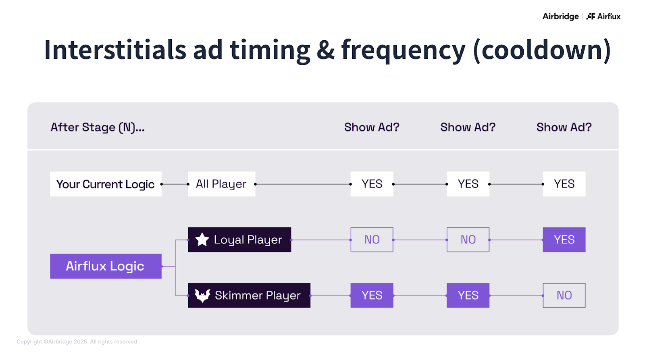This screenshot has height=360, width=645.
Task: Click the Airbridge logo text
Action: tap(560, 17)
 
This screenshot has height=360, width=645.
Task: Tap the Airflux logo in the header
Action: tap(603, 17)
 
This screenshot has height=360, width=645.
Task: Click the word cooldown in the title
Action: tap(542, 50)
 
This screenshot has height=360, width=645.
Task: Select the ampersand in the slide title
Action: tap(325, 50)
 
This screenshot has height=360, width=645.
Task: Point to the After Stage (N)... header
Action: tap(98, 127)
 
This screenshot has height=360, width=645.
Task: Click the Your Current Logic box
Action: tap(106, 184)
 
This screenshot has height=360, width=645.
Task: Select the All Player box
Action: tap(221, 184)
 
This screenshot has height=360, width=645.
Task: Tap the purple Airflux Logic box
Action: tap(106, 266)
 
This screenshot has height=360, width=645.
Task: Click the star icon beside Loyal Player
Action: tap(202, 240)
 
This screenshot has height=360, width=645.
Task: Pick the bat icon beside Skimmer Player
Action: tap(202, 295)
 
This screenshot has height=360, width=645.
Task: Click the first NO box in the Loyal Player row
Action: tap(372, 240)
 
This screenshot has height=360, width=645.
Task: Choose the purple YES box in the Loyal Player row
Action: tap(564, 240)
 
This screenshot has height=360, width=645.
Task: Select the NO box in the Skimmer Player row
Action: tap(564, 295)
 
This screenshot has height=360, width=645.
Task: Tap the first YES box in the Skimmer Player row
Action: tap(372, 295)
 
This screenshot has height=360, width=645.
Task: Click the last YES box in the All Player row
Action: tap(564, 184)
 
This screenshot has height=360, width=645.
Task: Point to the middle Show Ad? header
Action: tap(468, 127)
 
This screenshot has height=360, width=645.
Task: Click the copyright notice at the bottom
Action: tap(77, 342)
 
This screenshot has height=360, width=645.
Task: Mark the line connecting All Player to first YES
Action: tap(302, 184)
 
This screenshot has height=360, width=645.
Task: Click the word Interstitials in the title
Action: tap(115, 50)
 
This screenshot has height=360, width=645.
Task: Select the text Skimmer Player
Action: tap(258, 295)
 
